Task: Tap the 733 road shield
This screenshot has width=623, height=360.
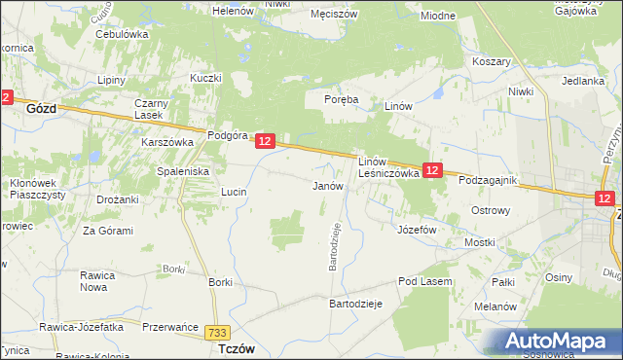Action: [x=219, y=333]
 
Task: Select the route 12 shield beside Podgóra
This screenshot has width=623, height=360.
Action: [x=269, y=142]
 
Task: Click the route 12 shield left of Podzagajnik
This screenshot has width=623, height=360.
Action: [x=433, y=169]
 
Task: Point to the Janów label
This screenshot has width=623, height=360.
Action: [x=327, y=185]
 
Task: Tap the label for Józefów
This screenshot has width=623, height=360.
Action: [x=417, y=230]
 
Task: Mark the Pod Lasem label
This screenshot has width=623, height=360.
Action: [x=421, y=281]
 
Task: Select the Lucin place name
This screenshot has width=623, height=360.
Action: [x=234, y=193]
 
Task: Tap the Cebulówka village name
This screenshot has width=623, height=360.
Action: [x=121, y=33]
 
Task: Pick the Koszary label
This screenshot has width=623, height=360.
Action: [x=492, y=60]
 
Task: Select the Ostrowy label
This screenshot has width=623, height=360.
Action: [x=491, y=210]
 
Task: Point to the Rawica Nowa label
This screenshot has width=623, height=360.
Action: [x=99, y=281]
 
